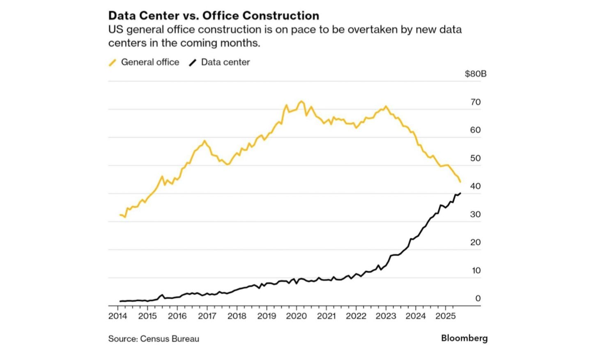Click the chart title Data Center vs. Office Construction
[214, 16]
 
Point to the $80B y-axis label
[476, 74]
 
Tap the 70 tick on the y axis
[476, 102]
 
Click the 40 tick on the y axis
[476, 186]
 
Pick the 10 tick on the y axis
[476, 270]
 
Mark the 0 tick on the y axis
[478, 298]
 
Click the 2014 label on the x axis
[118, 316]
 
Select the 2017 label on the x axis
[207, 316]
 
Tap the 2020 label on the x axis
[296, 316]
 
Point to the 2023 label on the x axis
[386, 316]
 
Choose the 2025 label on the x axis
[446, 316]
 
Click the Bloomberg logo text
[464, 338]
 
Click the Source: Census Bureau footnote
[154, 339]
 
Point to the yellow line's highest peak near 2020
[301, 101]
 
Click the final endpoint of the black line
[460, 193]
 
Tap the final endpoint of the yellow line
[460, 182]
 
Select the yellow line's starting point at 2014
[120, 215]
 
